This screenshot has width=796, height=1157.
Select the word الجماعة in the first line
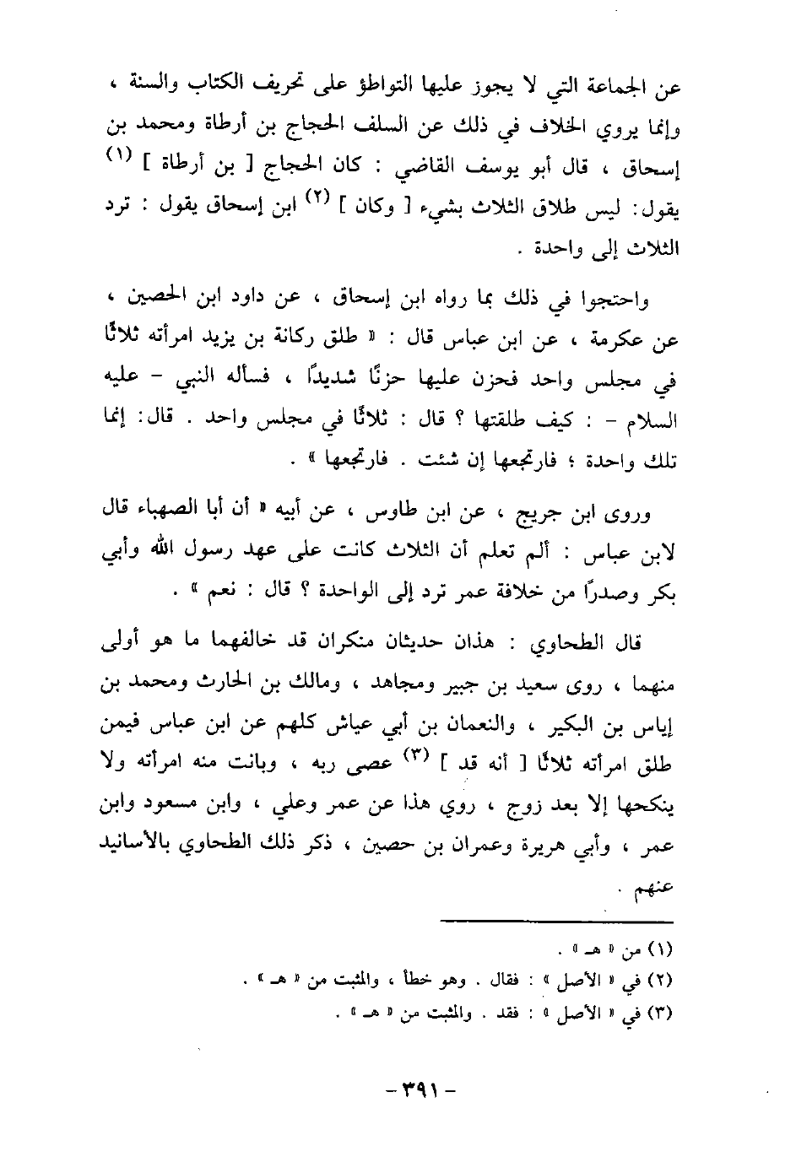pyautogui.click(x=616, y=87)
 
